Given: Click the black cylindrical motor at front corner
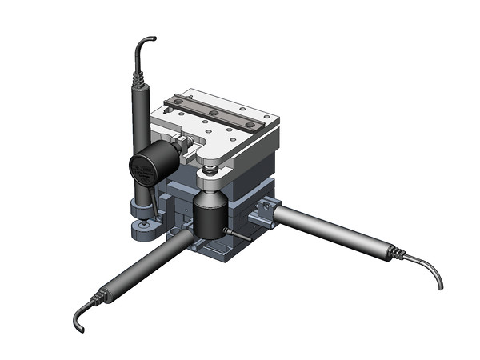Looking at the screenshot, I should pos(210,218).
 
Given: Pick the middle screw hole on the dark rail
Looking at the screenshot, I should pos(214,110).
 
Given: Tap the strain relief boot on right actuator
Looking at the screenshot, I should pos(395,254).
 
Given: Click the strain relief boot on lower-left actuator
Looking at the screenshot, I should pos(100,296).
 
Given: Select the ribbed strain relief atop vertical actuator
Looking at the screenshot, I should pos(138,79).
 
